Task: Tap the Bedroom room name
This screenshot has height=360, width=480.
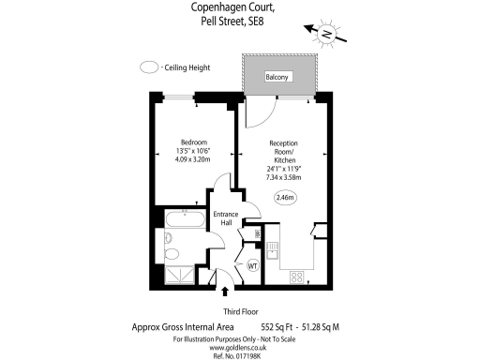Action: [194, 142]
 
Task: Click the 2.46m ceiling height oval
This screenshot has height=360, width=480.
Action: [285, 198]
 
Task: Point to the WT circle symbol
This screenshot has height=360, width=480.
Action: [252, 266]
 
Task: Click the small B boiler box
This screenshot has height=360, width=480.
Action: [258, 234]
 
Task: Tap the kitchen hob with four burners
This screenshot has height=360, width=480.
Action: [297, 277]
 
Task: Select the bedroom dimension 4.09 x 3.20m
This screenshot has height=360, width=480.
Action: [194, 159]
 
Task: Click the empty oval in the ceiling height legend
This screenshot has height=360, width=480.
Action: [148, 67]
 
